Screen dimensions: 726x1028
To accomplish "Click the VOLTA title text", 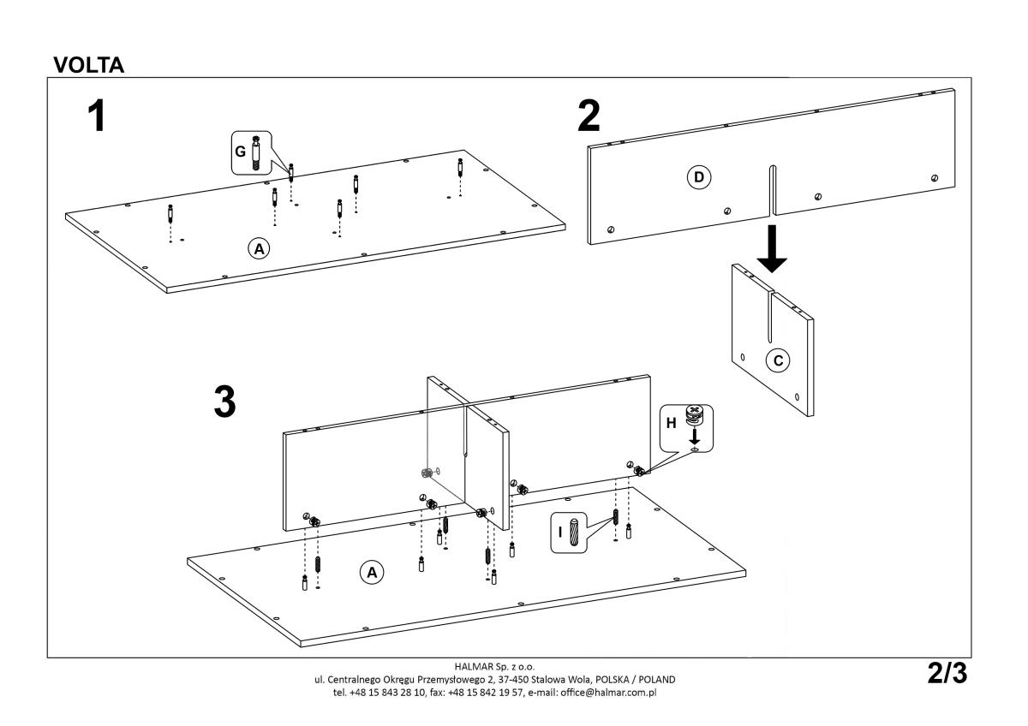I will point(89,66).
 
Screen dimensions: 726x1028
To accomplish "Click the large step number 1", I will point(99,116).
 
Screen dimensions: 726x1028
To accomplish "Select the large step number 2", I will point(589,116).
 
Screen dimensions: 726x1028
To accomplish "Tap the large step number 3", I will point(224,402).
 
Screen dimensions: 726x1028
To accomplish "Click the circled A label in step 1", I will point(258,248).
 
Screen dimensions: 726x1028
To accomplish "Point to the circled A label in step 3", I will point(371,571).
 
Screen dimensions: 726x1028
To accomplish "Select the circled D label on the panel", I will point(698,177).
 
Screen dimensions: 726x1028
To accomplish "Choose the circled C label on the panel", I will point(777,360).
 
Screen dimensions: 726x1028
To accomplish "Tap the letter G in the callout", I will point(241,152).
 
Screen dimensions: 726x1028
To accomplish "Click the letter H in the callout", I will point(672,423).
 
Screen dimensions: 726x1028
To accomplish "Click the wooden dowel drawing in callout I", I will point(576,530).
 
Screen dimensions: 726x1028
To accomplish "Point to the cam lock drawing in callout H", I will point(695,417).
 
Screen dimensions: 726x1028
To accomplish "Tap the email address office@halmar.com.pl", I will point(607,691).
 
